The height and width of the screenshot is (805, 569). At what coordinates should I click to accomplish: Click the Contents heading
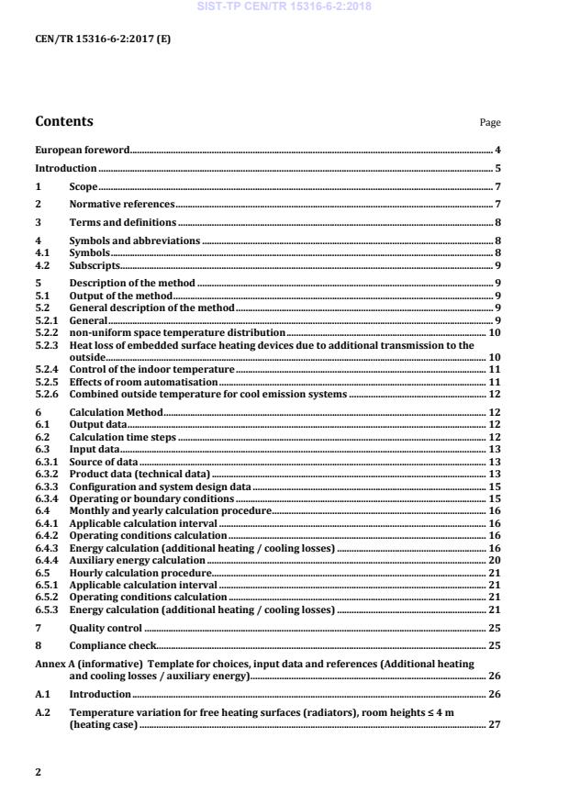63,121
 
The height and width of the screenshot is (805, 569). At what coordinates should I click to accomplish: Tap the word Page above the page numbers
490,123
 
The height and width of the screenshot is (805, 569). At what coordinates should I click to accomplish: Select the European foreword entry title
82,150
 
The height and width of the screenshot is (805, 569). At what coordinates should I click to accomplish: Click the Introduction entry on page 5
65,169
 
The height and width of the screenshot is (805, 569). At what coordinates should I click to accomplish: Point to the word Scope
84,187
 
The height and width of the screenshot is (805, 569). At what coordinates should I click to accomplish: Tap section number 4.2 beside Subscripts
42,265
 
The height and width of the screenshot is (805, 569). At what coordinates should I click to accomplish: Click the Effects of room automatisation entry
143,381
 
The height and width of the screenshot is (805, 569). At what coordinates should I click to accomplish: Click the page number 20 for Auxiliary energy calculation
494,560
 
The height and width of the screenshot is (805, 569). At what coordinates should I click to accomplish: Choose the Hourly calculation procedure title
132,572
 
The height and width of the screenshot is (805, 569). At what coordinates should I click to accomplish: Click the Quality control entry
106,629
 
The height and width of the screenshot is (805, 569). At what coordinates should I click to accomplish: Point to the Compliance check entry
110,646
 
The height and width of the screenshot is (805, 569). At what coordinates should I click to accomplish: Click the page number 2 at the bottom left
38,772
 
